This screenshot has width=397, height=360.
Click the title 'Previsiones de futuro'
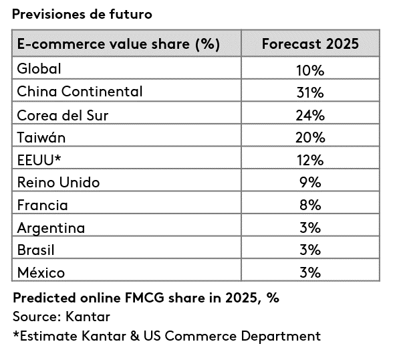pos(82,14)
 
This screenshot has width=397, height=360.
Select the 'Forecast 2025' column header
pos(310,44)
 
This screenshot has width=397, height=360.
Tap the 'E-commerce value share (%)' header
pos(118,44)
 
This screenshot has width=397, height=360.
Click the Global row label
pos(39,68)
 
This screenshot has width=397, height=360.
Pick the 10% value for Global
pos(310,70)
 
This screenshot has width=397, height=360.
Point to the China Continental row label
pos(80,91)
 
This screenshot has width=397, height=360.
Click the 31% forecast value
pos(310,92)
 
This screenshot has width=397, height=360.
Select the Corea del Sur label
pos(63,115)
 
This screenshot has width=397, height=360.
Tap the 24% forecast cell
pos(310,115)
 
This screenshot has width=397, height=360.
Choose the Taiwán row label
pos(41,137)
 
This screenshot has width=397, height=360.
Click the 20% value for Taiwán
pos(310,138)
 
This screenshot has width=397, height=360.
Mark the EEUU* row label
pos(39,160)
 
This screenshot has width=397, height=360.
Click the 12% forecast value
pos(310,160)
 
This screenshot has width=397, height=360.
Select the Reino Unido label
pos(59,182)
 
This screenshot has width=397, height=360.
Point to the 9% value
pos(310,182)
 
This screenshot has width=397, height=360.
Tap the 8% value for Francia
pos(310,205)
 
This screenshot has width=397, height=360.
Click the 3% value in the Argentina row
pos(310,228)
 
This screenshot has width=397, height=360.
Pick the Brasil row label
pos(35,250)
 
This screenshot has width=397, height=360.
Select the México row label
pos(41,272)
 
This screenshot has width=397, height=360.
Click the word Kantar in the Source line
pos(88,317)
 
